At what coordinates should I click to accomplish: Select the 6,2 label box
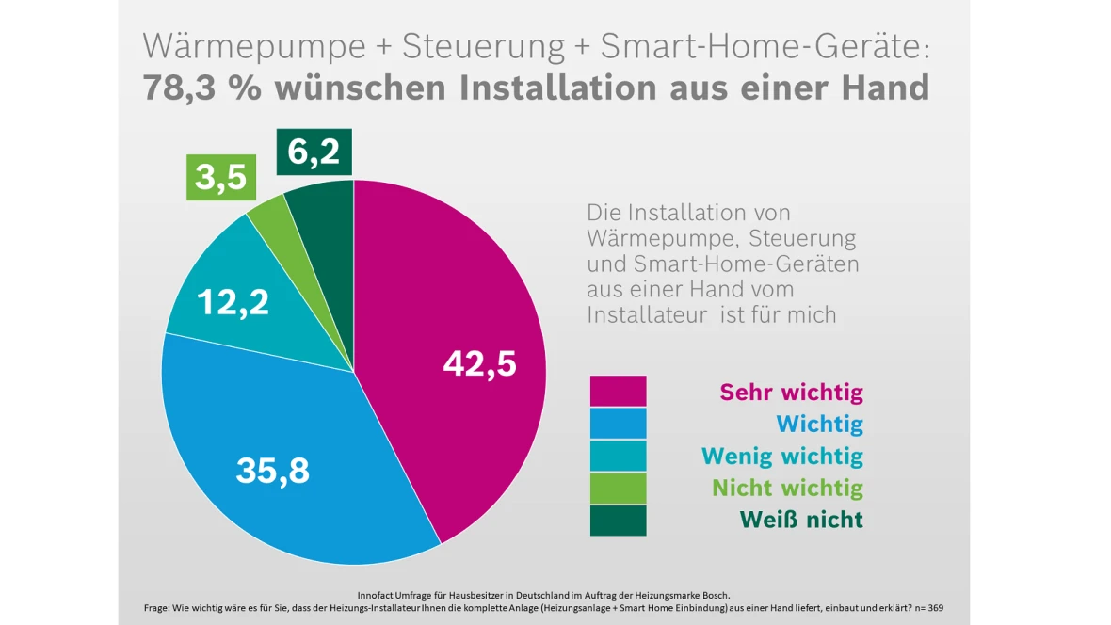[314, 152]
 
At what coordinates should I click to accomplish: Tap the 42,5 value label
[479, 363]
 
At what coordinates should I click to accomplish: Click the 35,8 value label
[272, 471]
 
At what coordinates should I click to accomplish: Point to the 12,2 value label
[233, 302]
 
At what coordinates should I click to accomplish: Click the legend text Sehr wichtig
[791, 392]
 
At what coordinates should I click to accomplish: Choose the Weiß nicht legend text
[800, 519]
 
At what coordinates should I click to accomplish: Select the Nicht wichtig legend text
[787, 488]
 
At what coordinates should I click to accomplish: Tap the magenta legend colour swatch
[618, 392]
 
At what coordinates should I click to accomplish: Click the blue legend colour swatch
[618, 424]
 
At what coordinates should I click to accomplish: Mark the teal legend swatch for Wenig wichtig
[618, 456]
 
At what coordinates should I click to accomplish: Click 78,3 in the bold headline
[185, 88]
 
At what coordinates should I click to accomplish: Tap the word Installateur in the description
[647, 314]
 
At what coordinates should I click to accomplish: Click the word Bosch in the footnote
[715, 595]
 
